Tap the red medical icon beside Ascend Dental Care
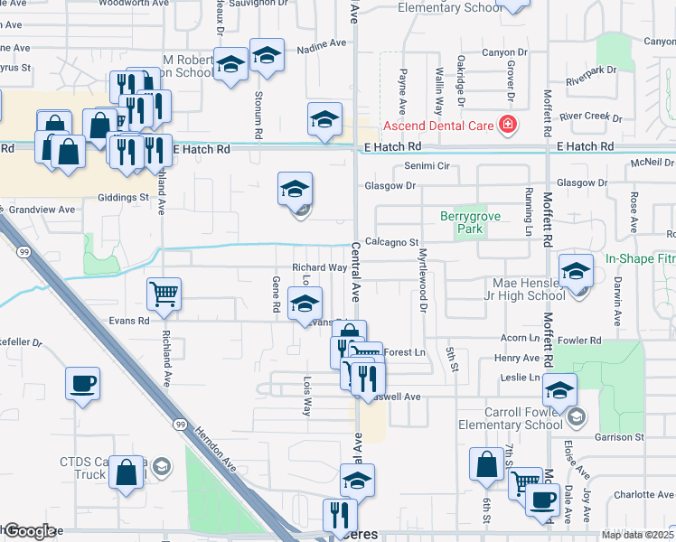(508, 125)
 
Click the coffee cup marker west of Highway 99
(82, 383)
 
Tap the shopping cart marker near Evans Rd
(164, 293)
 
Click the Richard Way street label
(319, 267)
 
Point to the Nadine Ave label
(322, 43)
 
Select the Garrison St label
(619, 437)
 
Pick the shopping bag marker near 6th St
(486, 464)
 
